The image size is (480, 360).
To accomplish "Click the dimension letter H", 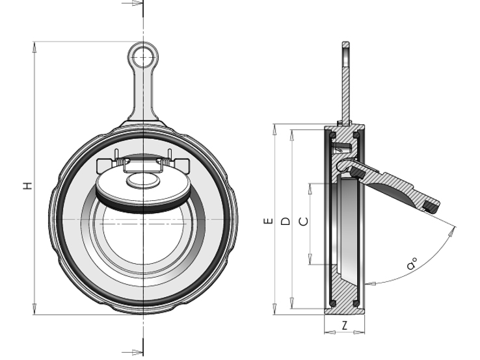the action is (28, 186).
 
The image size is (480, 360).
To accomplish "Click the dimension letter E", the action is (268, 221).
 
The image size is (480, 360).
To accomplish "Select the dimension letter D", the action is (286, 221).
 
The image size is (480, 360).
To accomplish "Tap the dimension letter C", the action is (303, 222).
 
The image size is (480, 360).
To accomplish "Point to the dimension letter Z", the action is (345, 326).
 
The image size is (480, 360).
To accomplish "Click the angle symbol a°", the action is (412, 264).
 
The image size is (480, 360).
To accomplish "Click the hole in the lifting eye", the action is (143, 57).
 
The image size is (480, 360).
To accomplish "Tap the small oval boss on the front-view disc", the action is (143, 180).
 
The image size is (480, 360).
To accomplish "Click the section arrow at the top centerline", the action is (133, 3).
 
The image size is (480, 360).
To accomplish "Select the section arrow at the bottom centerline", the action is (133, 352).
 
